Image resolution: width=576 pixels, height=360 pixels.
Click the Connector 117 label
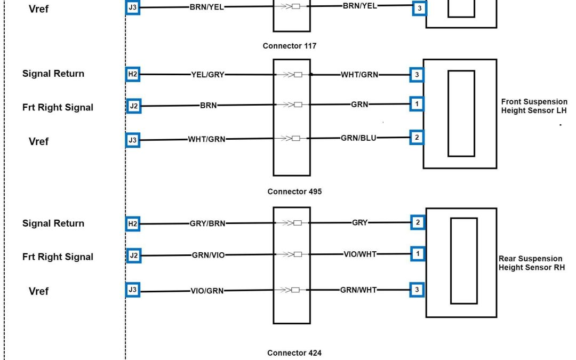289,46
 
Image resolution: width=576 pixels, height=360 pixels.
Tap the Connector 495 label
294,191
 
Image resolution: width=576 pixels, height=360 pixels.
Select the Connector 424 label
294,353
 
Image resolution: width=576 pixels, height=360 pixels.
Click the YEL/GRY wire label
208,75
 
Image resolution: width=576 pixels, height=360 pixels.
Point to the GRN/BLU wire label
358,138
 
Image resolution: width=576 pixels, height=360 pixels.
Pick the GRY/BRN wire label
208,224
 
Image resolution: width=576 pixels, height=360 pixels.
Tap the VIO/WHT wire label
360,254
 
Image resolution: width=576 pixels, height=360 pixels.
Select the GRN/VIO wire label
209,255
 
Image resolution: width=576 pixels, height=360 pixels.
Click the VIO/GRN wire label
207,291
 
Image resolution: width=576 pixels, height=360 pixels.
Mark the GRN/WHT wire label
358,290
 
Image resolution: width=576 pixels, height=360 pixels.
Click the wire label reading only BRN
209,106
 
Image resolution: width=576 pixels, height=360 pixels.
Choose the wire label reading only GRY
360,222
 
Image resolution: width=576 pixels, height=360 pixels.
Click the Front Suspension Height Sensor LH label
534,106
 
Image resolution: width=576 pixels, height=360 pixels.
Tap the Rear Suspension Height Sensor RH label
531,263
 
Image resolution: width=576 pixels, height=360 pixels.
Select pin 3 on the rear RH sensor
418,290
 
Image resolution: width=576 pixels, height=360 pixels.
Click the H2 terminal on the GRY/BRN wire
133,225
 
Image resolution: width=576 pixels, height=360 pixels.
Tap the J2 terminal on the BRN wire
134,106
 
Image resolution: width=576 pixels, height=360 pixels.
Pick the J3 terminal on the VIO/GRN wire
133,291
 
